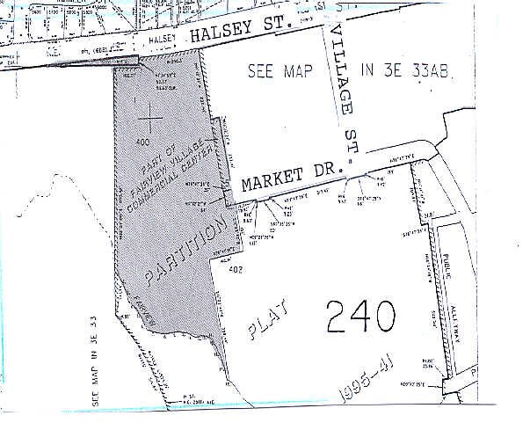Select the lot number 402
pyautogui.click(x=235, y=271)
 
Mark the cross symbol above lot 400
pyautogui.click(x=151, y=115)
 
